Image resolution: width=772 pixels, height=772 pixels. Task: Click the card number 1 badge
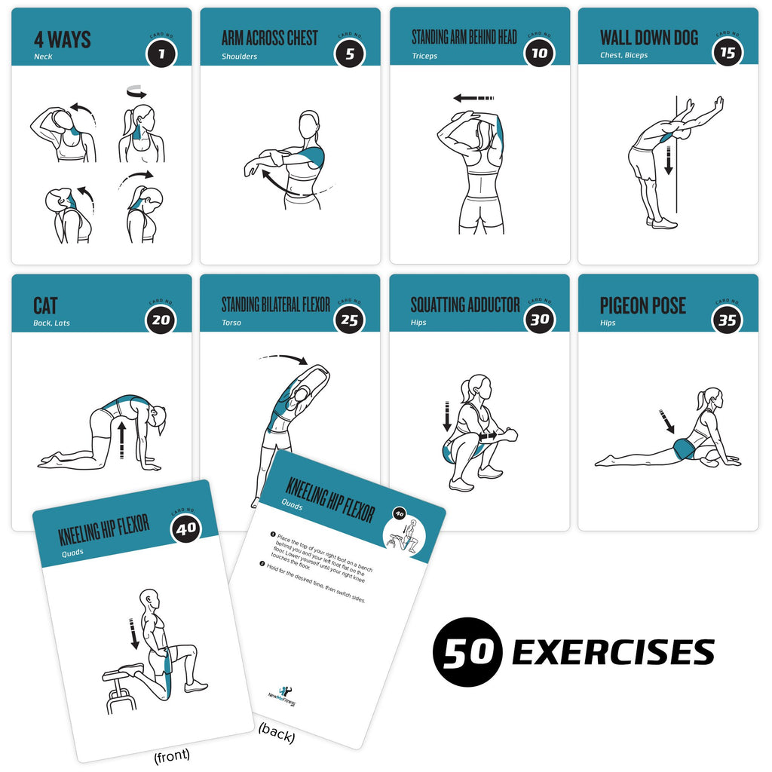[x=161, y=53]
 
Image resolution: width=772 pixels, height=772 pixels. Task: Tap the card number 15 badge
[x=727, y=53]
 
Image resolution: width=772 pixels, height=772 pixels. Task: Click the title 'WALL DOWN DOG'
[x=648, y=38]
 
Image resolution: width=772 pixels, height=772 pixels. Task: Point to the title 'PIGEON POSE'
[x=642, y=305]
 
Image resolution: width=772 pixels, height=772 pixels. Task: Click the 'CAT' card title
[x=45, y=305]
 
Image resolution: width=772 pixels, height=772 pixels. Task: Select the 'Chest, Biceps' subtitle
[x=623, y=56]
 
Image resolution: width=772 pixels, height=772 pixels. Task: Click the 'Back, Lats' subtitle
[x=52, y=323]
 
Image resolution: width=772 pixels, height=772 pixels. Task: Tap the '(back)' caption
[x=276, y=731]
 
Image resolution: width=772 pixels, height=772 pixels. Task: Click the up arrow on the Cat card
[x=121, y=440]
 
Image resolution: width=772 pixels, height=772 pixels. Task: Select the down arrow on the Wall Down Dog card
[x=668, y=160]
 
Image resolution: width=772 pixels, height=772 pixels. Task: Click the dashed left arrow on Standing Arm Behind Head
[x=473, y=98]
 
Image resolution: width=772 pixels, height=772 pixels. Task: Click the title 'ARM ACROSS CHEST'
[x=269, y=38]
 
